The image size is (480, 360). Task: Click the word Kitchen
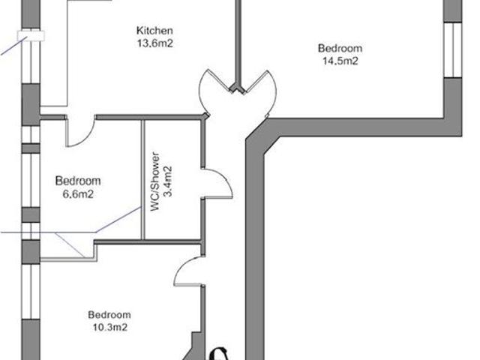[x=155, y=31]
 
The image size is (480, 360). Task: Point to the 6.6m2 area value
[x=78, y=193]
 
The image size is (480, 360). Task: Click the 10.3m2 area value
[x=109, y=327]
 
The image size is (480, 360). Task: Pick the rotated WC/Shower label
[x=157, y=184]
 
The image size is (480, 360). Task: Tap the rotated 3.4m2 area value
[x=169, y=181]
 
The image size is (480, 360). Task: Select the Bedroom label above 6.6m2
[x=78, y=181]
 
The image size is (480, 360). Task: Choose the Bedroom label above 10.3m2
[x=109, y=315]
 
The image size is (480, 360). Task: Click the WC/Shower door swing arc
[x=214, y=181]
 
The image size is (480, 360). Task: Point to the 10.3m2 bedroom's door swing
[x=187, y=274]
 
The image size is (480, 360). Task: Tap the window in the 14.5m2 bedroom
[x=452, y=49]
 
